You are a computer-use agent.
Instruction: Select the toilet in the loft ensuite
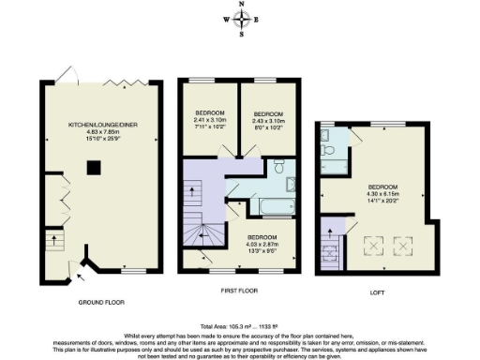(x=324, y=147)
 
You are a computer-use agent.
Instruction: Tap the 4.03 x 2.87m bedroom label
(x=263, y=242)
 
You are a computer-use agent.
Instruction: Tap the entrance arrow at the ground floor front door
(x=78, y=277)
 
